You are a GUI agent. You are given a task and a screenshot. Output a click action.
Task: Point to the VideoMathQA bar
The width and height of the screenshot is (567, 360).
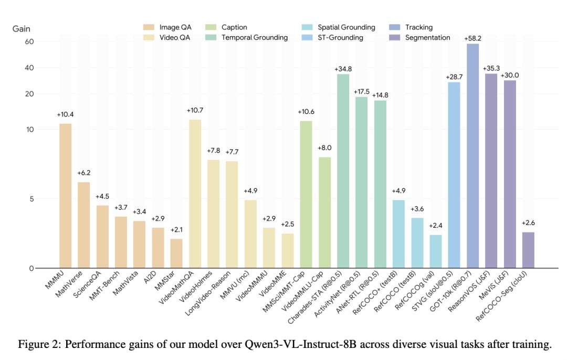[x=195, y=194]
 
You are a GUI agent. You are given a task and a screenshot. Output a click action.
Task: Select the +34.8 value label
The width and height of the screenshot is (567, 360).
[x=343, y=69]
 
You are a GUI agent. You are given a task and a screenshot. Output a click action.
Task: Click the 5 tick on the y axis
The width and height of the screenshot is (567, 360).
[x=31, y=199]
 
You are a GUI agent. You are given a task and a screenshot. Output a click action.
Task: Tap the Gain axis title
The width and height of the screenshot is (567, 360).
[x=22, y=28]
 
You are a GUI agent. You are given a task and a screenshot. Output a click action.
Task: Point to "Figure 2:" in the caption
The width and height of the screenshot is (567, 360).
[x=37, y=344]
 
